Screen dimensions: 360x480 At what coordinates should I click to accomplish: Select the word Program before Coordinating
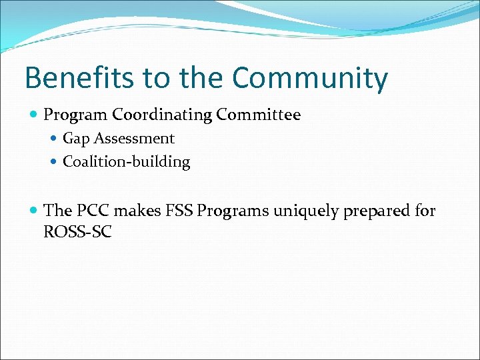75,115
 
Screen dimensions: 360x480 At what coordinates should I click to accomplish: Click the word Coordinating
163,115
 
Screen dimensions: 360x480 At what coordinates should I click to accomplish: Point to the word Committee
259,115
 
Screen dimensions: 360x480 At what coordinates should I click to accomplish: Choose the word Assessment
134,139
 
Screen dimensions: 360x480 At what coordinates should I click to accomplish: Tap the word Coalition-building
127,162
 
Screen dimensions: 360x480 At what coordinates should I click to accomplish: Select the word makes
137,211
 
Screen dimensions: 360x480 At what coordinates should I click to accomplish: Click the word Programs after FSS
231,211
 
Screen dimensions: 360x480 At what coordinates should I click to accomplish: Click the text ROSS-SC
77,232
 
